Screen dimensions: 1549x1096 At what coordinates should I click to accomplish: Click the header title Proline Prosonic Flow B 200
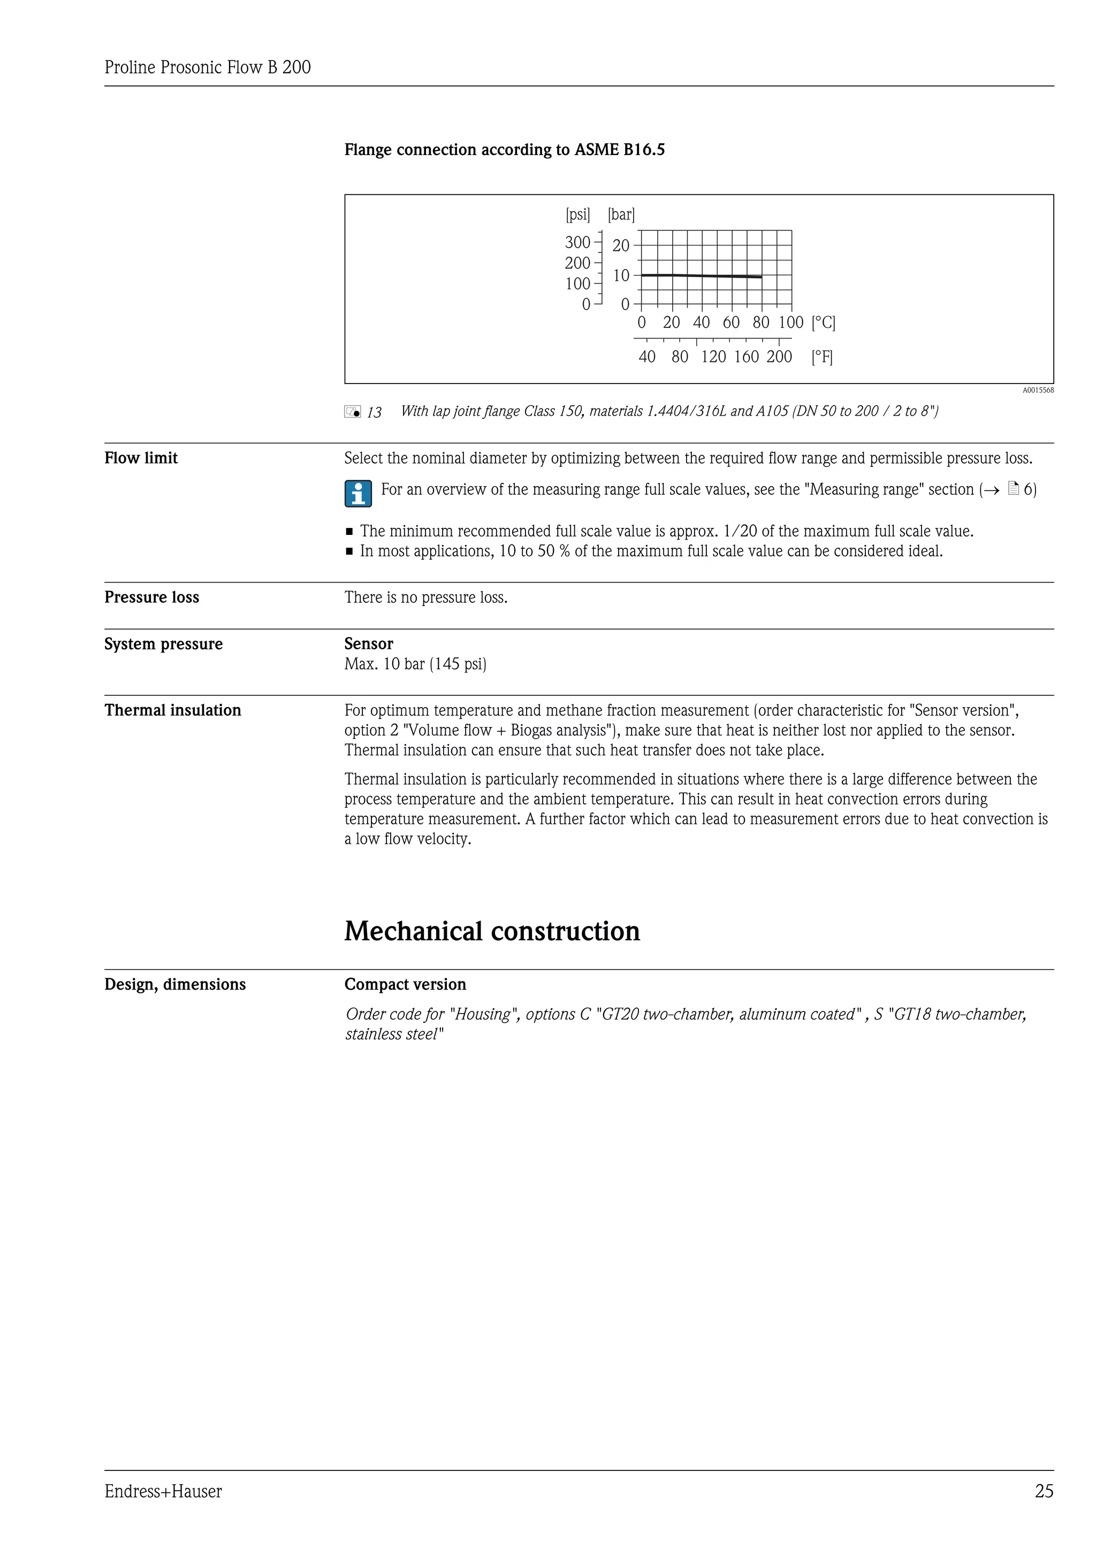pos(207,67)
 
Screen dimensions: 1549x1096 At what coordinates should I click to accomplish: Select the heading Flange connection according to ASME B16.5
pos(504,150)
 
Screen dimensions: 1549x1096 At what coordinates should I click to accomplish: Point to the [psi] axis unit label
pos(577,214)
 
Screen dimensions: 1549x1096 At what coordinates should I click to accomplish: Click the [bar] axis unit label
pos(621,214)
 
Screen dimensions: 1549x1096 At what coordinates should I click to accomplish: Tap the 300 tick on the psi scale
pos(577,242)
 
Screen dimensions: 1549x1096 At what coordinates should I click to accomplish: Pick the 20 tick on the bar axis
pos(621,246)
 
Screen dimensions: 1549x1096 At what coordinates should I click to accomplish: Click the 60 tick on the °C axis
pos(731,323)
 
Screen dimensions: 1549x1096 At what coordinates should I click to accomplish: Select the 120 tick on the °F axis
pos(713,357)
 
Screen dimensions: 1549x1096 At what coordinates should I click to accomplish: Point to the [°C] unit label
pos(824,323)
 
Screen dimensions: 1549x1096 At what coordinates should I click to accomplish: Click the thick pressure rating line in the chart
pos(702,275)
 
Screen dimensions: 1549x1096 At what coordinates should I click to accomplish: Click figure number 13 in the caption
pos(374,413)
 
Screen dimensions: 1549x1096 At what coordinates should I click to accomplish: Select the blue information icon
pos(357,493)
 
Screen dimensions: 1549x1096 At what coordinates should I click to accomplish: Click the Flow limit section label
pos(141,458)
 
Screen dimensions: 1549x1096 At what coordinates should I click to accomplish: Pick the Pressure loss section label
pos(152,597)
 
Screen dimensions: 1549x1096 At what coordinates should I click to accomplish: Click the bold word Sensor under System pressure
pos(369,643)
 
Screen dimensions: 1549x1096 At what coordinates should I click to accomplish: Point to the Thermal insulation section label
pos(173,710)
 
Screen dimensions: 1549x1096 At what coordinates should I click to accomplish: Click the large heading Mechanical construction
pos(492,931)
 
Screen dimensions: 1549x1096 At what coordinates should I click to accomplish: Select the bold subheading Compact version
pos(405,984)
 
